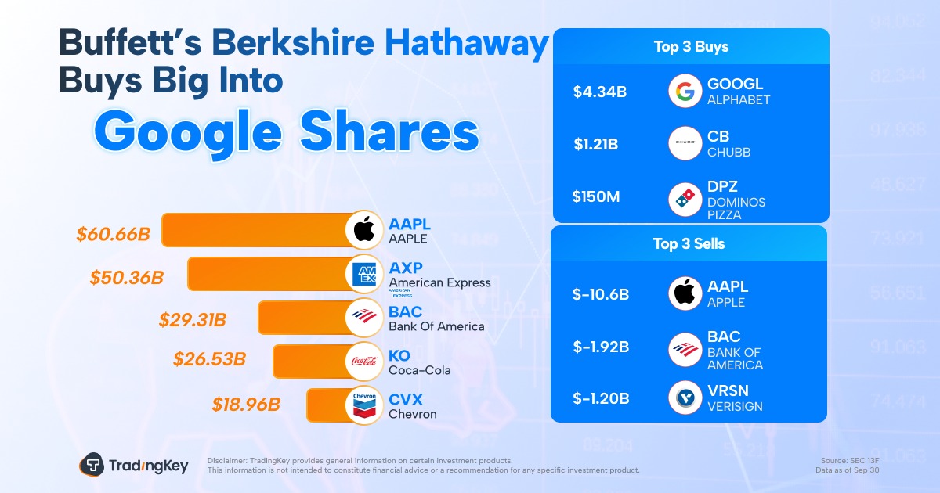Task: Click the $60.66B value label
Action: point(114,233)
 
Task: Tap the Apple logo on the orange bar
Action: point(364,230)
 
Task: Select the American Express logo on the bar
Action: point(364,274)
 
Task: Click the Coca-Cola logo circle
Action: point(364,361)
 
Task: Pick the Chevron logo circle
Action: point(364,405)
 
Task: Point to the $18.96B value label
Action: point(245,405)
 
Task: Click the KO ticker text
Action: point(399,357)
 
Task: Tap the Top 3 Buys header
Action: point(691,47)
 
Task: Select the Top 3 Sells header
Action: point(689,244)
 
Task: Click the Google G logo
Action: point(686,91)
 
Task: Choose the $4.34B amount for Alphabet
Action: point(599,92)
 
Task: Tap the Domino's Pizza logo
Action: point(686,199)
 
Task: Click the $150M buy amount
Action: point(596,197)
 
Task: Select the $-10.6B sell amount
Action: point(601,295)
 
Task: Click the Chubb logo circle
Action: point(686,144)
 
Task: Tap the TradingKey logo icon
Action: point(92,465)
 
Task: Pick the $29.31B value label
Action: point(193,319)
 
